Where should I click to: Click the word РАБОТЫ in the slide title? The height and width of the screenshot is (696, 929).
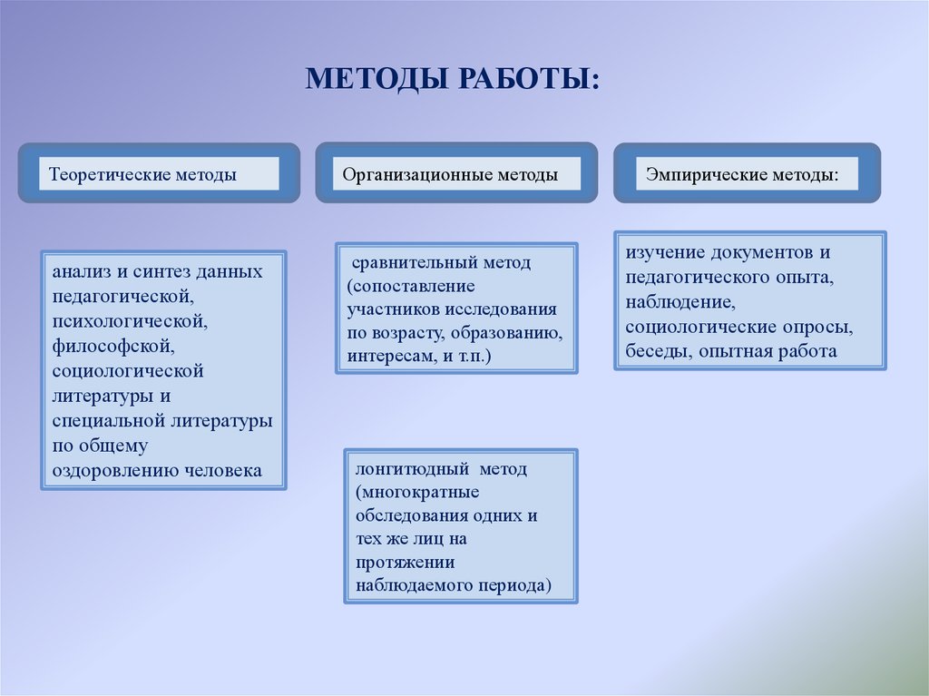pyautogui.click(x=526, y=78)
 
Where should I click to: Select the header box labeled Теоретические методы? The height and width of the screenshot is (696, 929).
pyautogui.click(x=159, y=173)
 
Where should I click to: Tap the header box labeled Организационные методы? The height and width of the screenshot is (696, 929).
pyautogui.click(x=456, y=173)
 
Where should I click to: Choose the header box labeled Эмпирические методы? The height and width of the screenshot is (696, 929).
pyautogui.click(x=748, y=173)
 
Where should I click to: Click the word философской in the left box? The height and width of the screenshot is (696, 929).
pyautogui.click(x=113, y=346)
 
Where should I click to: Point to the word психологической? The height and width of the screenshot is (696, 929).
pyautogui.click(x=130, y=320)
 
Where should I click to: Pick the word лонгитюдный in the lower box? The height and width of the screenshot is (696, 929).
pyautogui.click(x=412, y=469)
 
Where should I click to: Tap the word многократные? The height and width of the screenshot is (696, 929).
pyautogui.click(x=417, y=492)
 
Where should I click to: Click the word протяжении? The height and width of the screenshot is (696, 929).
pyautogui.click(x=406, y=562)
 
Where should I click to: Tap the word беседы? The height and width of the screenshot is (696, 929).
pyautogui.click(x=659, y=351)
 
